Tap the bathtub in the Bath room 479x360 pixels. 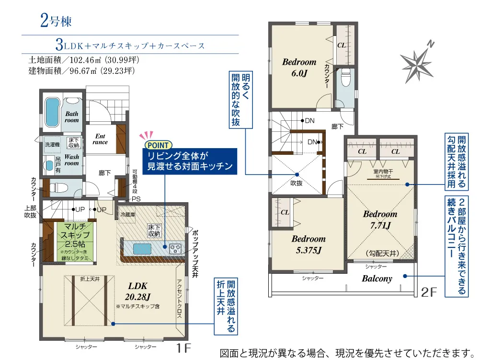(x=52, y=112)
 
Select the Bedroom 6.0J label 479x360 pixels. (x=299, y=68)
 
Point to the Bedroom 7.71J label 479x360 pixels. (x=380, y=220)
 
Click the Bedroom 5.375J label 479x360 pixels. (x=308, y=244)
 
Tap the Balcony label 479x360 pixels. (x=377, y=279)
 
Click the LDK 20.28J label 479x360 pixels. (x=137, y=291)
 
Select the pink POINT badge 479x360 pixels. (x=158, y=145)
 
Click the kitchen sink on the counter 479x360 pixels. (x=142, y=249)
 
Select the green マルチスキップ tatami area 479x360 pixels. (x=75, y=242)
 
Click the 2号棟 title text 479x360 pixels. (x=56, y=21)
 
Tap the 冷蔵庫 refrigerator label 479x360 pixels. (x=128, y=215)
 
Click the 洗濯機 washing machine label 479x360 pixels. (x=52, y=144)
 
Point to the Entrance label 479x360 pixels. (x=100, y=139)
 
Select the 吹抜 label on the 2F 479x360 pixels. (x=297, y=183)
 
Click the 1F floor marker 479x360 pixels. (x=184, y=348)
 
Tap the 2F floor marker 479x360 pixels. (x=429, y=292)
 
